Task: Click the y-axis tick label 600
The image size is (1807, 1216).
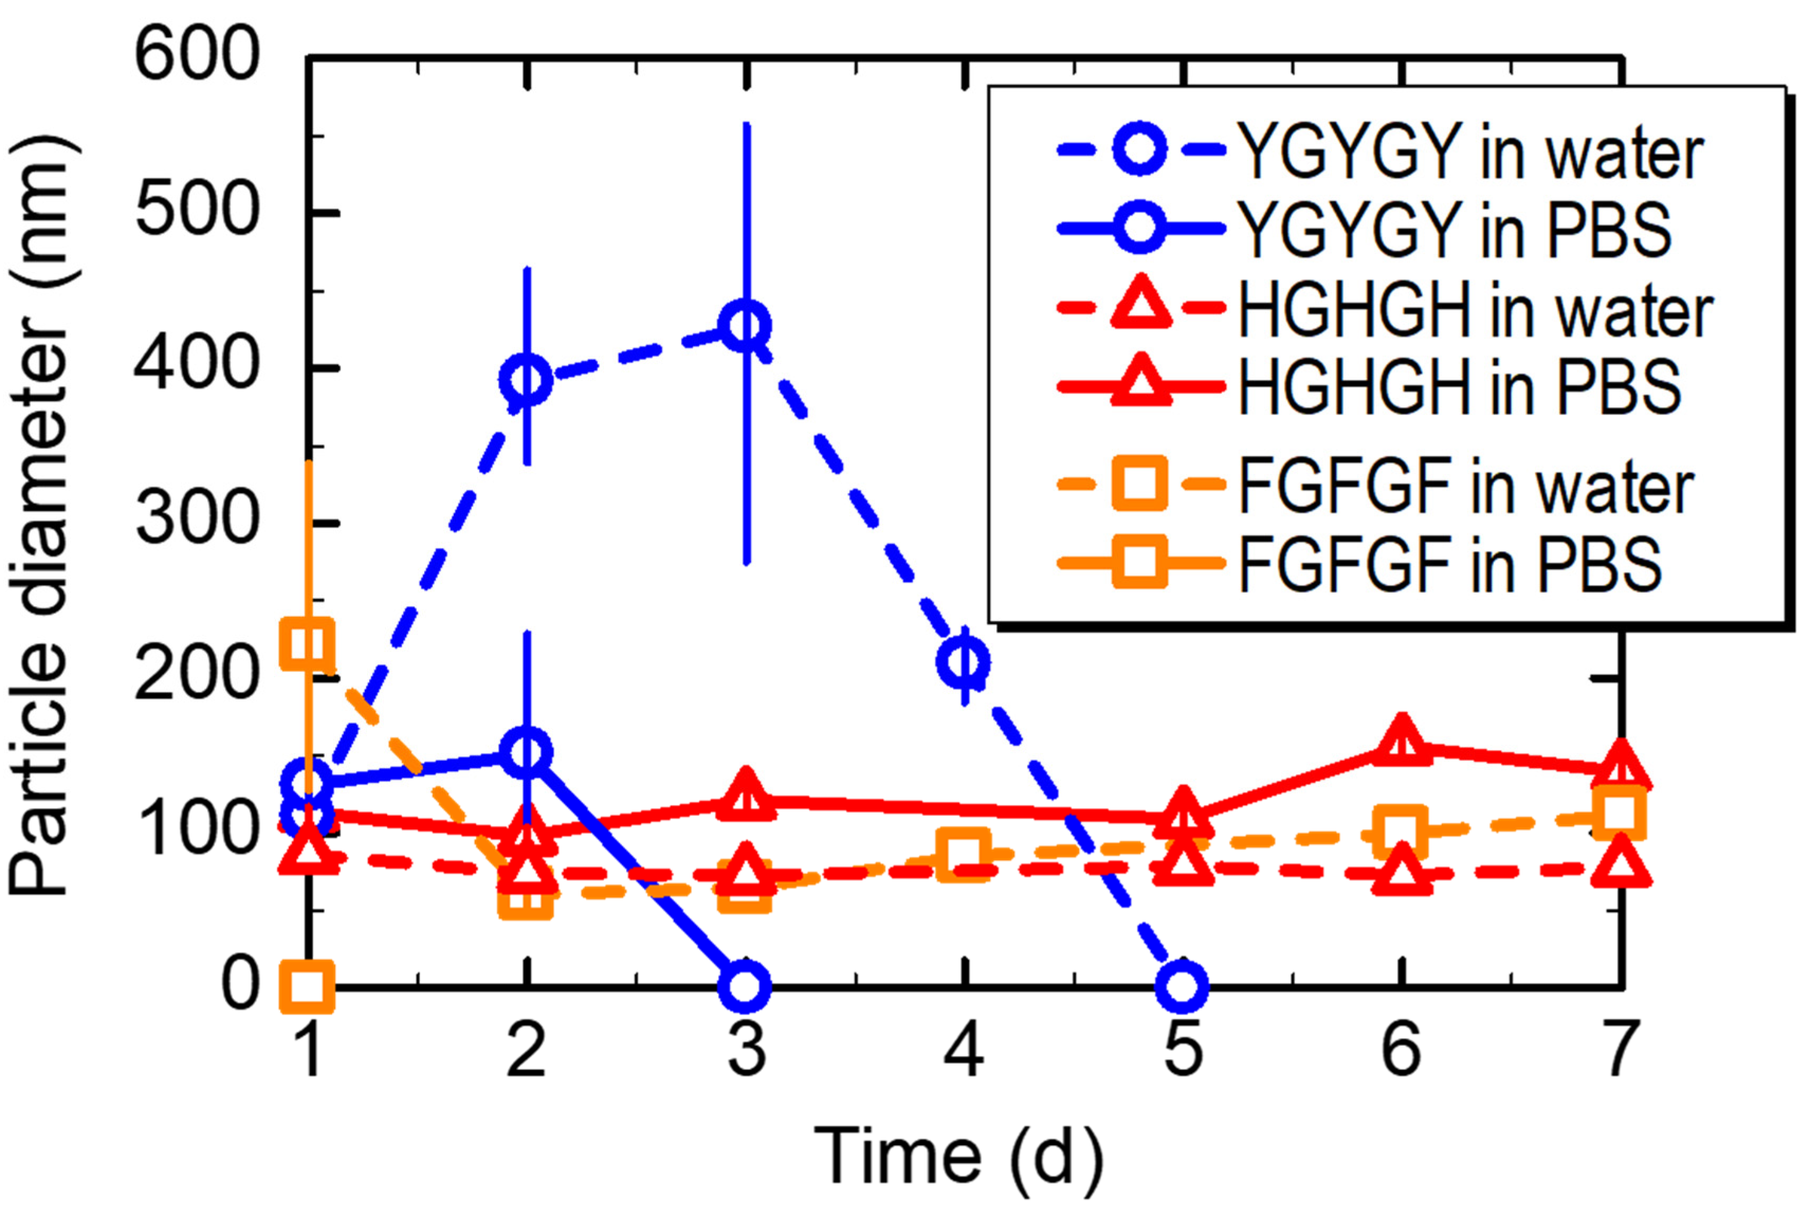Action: [195, 56]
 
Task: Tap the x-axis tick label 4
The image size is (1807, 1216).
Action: [965, 1048]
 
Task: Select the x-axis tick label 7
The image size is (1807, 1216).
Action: [1619, 1048]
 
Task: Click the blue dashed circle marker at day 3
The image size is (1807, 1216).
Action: [745, 326]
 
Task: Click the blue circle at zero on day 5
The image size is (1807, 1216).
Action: [1181, 986]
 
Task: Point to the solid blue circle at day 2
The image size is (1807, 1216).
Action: [526, 752]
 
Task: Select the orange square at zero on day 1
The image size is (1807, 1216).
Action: [308, 986]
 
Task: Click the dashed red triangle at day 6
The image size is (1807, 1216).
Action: [1401, 870]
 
